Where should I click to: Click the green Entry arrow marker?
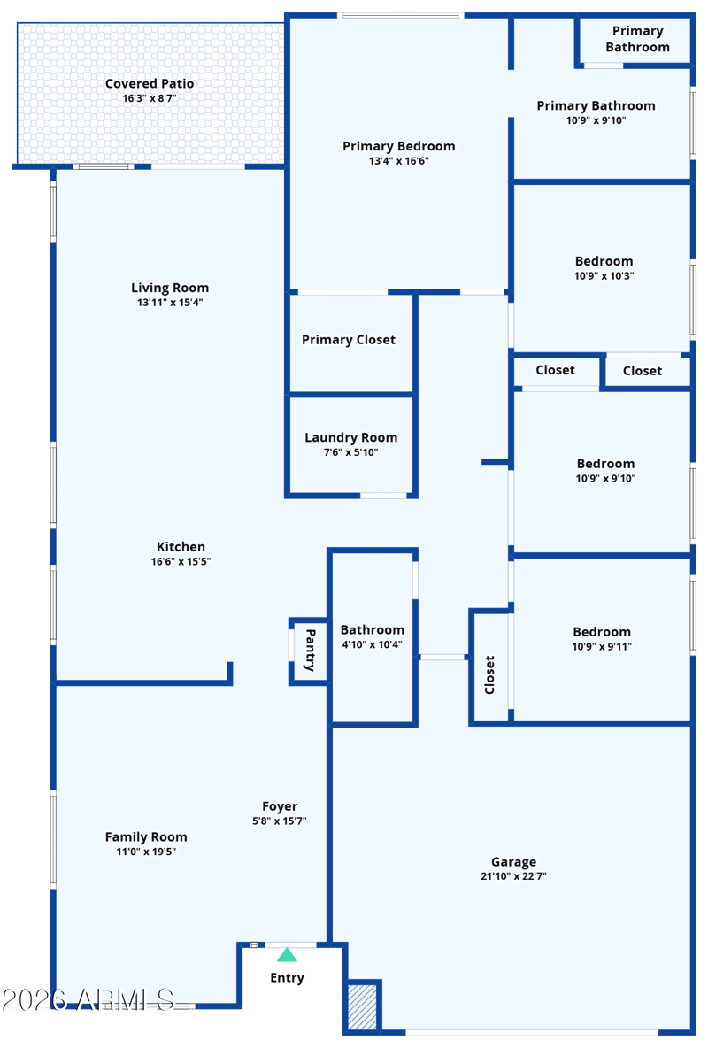pyautogui.click(x=287, y=955)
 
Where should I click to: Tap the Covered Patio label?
pyautogui.click(x=150, y=84)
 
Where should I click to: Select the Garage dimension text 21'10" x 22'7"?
pyautogui.click(x=513, y=877)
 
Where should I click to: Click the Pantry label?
pyautogui.click(x=310, y=650)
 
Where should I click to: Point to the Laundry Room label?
pyautogui.click(x=350, y=437)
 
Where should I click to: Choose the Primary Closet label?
pyautogui.click(x=349, y=340)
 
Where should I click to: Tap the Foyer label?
pyautogui.click(x=280, y=806)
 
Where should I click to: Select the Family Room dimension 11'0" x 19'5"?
pyautogui.click(x=146, y=851)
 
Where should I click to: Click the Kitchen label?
pyautogui.click(x=181, y=547)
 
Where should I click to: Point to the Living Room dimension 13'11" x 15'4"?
pyautogui.click(x=170, y=303)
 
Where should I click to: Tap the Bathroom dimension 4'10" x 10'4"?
pyautogui.click(x=372, y=644)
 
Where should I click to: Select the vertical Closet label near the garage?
pyautogui.click(x=489, y=674)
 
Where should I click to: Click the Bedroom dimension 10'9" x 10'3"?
pyautogui.click(x=604, y=275)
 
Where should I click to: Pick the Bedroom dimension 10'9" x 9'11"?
pyautogui.click(x=602, y=646)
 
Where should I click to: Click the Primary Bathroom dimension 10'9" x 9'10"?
pyautogui.click(x=596, y=120)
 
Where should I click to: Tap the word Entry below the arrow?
pyautogui.click(x=287, y=978)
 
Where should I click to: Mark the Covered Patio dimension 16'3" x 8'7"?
pyautogui.click(x=150, y=98)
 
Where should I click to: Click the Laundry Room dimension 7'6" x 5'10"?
pyautogui.click(x=350, y=452)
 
